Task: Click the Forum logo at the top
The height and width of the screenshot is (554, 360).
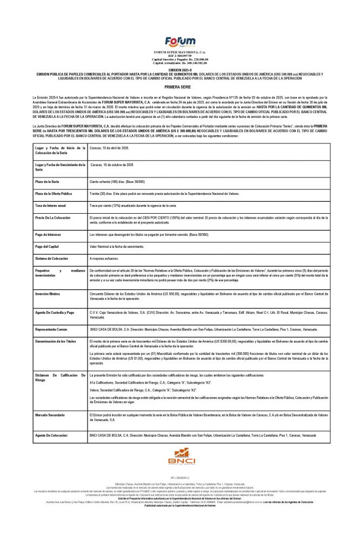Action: tap(179, 41)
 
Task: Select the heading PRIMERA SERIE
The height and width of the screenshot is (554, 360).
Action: tap(179, 85)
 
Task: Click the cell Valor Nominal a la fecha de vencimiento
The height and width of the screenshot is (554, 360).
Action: tap(119, 246)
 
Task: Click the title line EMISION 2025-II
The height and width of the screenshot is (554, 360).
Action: tap(179, 70)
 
